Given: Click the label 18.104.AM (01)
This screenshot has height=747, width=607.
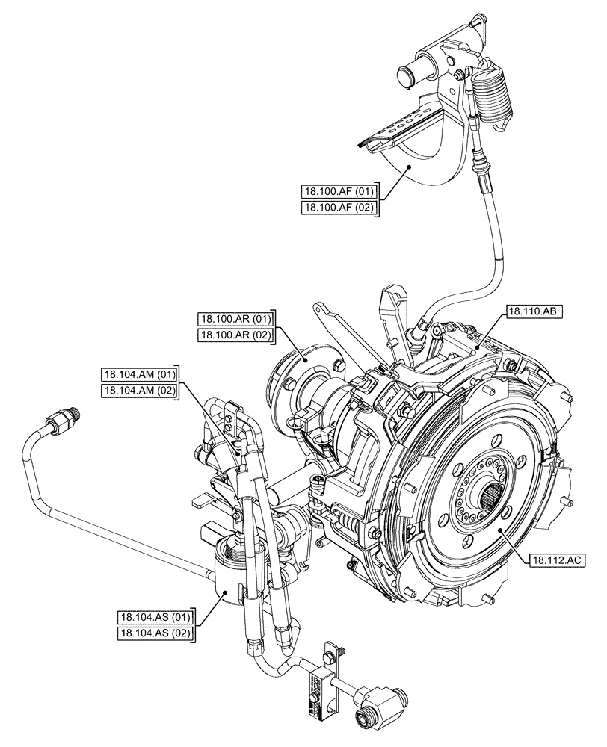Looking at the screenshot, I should [139, 373].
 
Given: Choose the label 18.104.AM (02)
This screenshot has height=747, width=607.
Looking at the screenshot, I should [139, 390].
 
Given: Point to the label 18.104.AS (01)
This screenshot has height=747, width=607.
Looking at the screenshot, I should [155, 617].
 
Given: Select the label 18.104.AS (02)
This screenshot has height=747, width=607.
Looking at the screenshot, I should [155, 634].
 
